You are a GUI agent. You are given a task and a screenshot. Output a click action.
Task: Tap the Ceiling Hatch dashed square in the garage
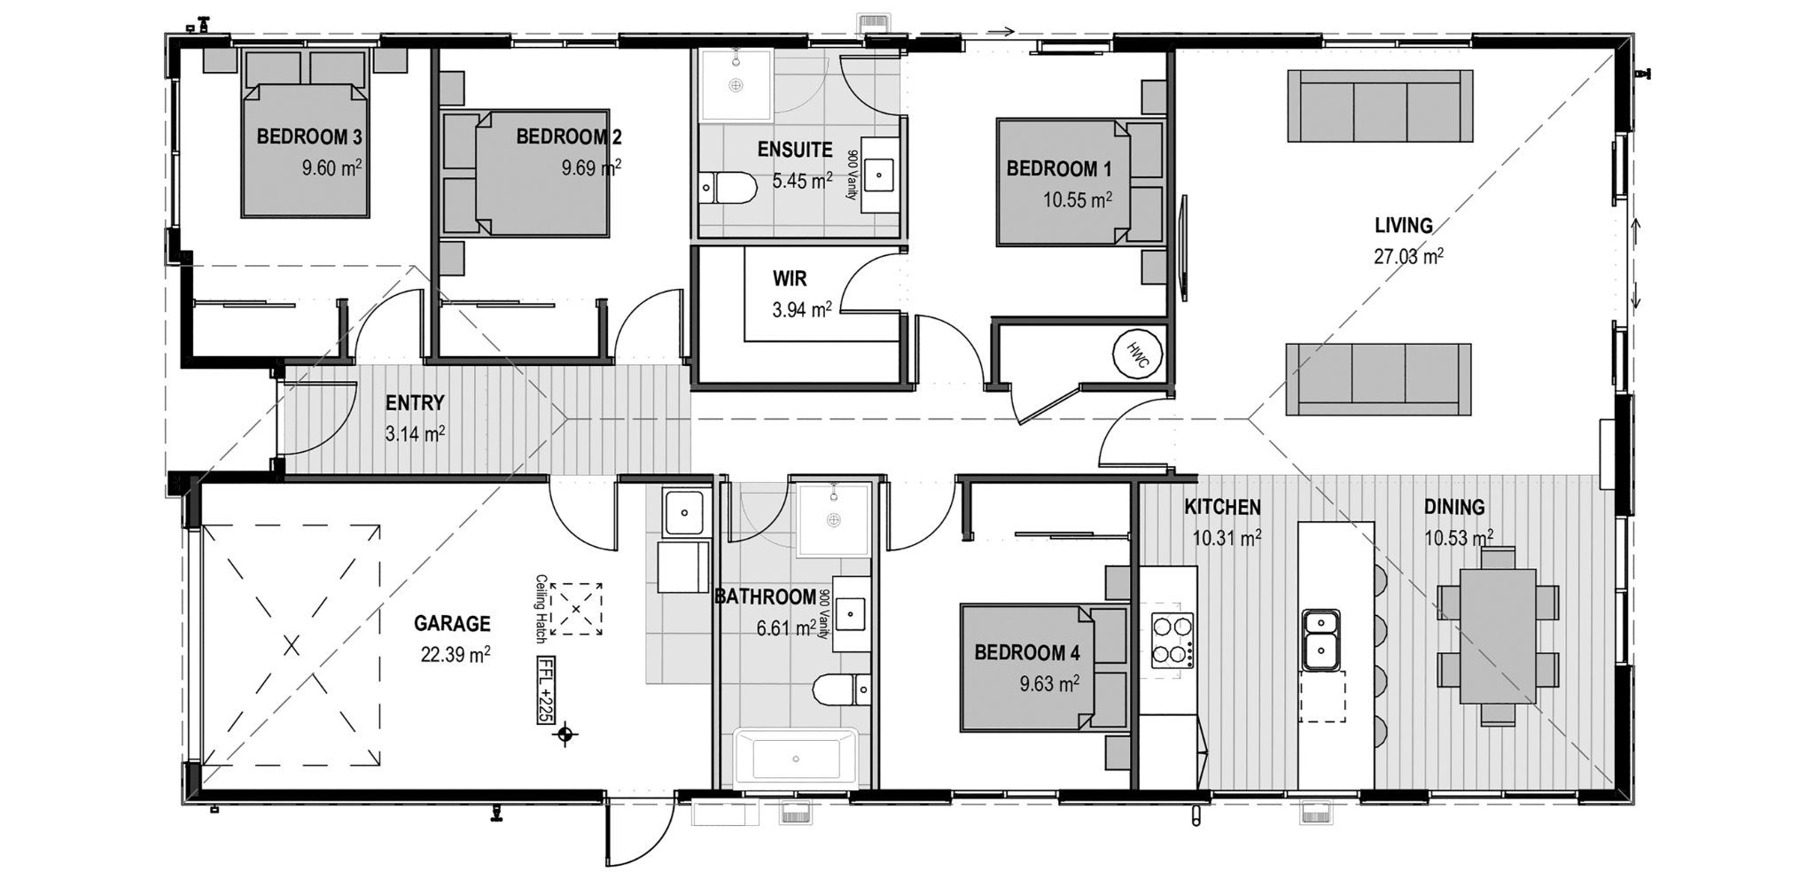[x=576, y=609]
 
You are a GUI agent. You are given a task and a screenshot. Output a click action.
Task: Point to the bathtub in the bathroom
[x=795, y=758]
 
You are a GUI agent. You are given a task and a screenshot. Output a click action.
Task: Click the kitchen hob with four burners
[x=1170, y=641]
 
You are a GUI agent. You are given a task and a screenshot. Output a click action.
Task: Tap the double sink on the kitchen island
[x=1320, y=639]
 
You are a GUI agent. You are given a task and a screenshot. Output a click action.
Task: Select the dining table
[x=1497, y=636]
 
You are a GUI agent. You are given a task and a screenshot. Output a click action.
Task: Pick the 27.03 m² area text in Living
[x=1408, y=257]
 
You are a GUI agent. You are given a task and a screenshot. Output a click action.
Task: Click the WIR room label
[x=790, y=279]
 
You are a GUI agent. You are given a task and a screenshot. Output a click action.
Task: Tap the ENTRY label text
[x=415, y=403]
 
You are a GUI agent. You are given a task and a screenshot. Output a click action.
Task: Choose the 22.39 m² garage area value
[x=456, y=654]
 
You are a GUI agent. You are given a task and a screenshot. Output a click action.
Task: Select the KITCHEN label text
[x=1222, y=507]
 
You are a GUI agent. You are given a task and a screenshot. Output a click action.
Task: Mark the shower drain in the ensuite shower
[x=735, y=85]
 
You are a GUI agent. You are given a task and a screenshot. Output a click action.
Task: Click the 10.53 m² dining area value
[x=1458, y=537]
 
